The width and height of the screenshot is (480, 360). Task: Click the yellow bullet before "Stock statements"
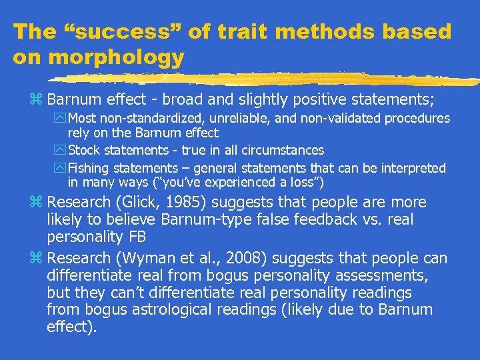tap(61, 151)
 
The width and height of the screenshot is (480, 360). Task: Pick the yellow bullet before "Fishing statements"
tap(61, 169)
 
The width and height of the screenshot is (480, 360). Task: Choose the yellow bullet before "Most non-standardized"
tap(61, 119)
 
